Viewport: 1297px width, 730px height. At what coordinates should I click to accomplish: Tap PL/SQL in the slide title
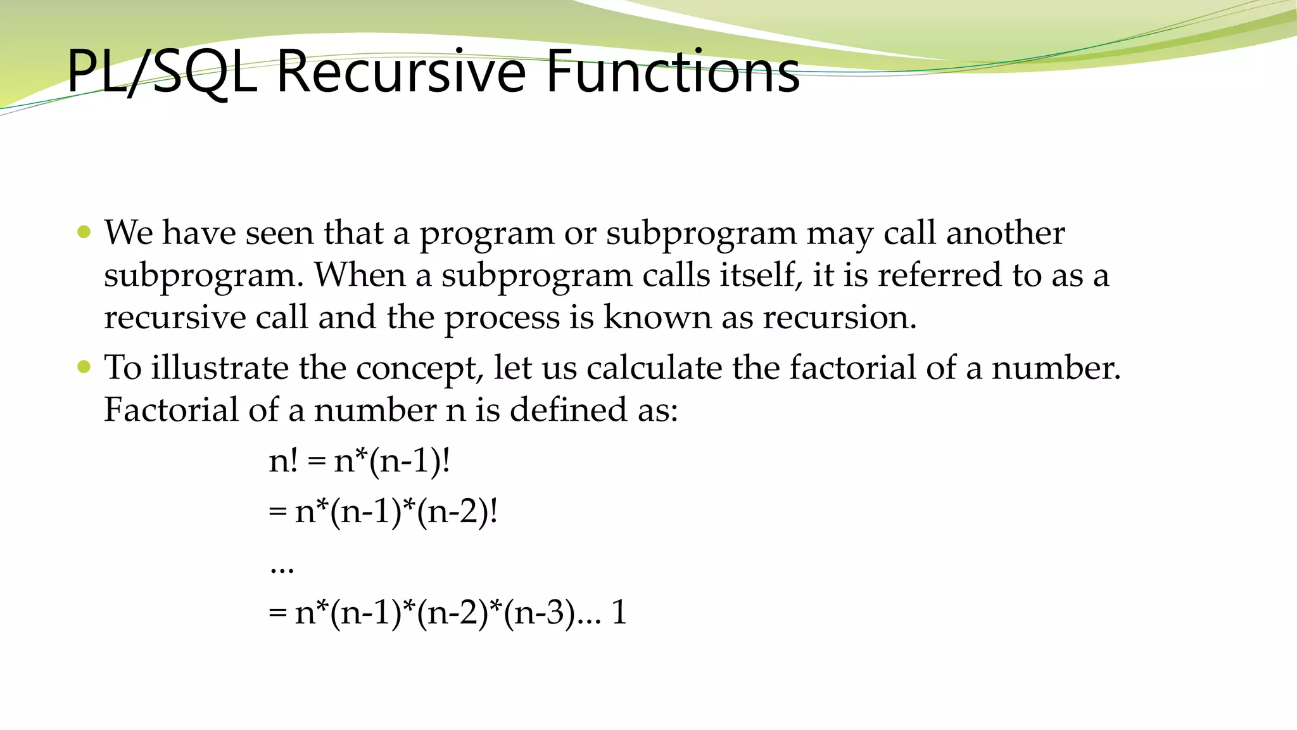click(x=161, y=73)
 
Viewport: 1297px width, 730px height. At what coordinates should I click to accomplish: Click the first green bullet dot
click(x=84, y=231)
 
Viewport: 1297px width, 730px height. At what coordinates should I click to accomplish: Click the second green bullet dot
click(x=84, y=366)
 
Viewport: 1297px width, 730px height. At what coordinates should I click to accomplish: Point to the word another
click(x=1005, y=233)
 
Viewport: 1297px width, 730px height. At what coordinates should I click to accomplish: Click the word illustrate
click(x=219, y=368)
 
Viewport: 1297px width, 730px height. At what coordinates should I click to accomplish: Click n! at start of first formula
click(x=282, y=460)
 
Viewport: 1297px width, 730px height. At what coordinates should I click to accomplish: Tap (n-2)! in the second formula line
click(x=457, y=511)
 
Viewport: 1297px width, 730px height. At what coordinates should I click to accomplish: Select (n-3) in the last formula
click(x=539, y=613)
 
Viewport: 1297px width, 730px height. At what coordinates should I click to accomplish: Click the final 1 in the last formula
click(x=619, y=613)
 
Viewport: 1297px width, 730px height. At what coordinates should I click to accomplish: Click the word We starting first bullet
click(x=129, y=233)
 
